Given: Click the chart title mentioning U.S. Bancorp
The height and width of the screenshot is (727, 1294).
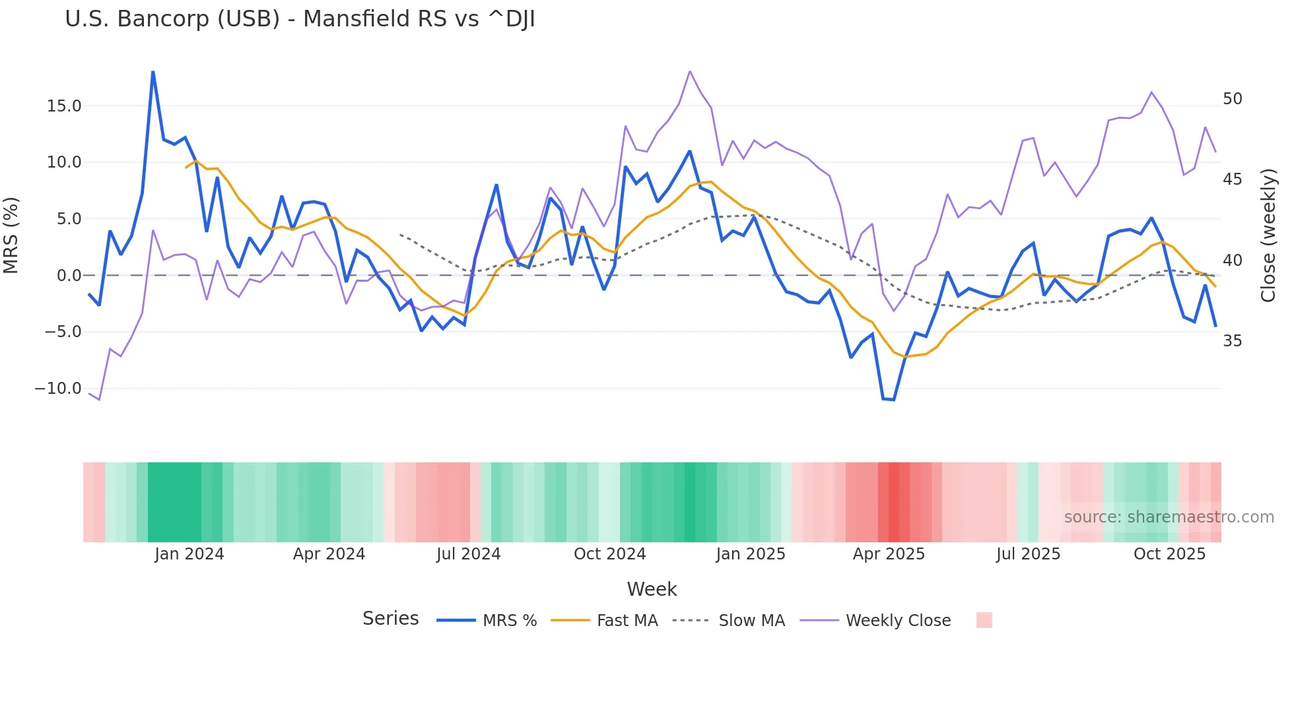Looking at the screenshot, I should point(300,19).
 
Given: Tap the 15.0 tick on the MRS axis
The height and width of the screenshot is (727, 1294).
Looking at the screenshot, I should point(63,106).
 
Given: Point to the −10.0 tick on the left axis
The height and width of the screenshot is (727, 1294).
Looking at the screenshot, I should point(58,389).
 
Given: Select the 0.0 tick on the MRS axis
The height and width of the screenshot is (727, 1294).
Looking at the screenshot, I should point(69,276).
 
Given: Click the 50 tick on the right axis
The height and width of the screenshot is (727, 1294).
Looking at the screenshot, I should point(1232,99).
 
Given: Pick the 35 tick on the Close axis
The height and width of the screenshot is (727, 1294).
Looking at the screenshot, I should point(1232,341).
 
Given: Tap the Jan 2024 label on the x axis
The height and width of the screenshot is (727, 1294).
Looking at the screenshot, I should point(189,554).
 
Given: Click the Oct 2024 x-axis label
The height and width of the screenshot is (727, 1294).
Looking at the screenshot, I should point(609,554).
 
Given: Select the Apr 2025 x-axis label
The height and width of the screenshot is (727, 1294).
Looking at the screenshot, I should point(889,554).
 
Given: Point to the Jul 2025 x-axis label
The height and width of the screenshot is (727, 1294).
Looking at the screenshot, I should point(1028,554).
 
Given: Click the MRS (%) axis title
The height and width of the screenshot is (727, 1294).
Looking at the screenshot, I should point(11,236).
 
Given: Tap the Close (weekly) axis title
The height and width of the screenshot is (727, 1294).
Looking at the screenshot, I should point(1268,236).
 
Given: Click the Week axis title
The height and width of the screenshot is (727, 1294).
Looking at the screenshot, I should point(652,589).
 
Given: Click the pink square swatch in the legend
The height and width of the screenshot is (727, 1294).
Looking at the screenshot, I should point(984,620).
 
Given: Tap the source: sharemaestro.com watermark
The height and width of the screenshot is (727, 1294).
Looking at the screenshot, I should point(1169,517).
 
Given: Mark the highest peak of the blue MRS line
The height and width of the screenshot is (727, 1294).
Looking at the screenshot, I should point(153,72).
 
